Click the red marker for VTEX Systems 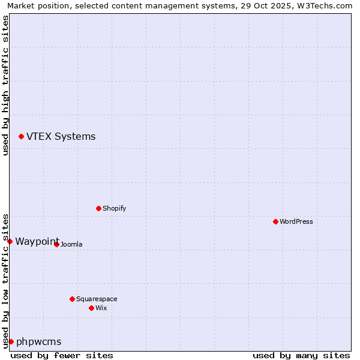[21, 137]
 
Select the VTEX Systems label [61, 137]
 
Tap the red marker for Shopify [98, 209]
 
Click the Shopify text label [114, 209]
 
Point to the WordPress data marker [275, 222]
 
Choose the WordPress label [296, 222]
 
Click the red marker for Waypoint [10, 241]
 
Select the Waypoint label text [37, 241]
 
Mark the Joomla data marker [56, 244]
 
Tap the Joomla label [71, 245]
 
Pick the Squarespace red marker [72, 299]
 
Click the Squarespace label [97, 299]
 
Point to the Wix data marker [91, 308]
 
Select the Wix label [101, 308]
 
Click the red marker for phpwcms [11, 341]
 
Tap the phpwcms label [38, 342]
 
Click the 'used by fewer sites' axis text [62, 355]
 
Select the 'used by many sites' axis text [301, 355]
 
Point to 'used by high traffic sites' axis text [6, 85]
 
